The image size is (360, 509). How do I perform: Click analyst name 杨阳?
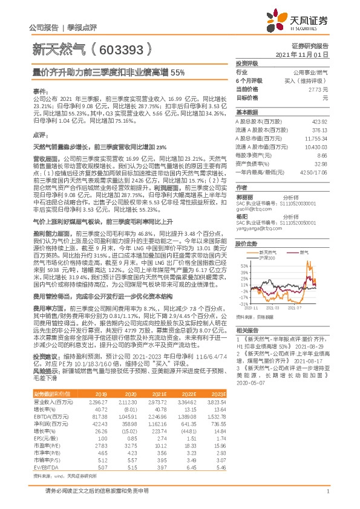click(x=241, y=216)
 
